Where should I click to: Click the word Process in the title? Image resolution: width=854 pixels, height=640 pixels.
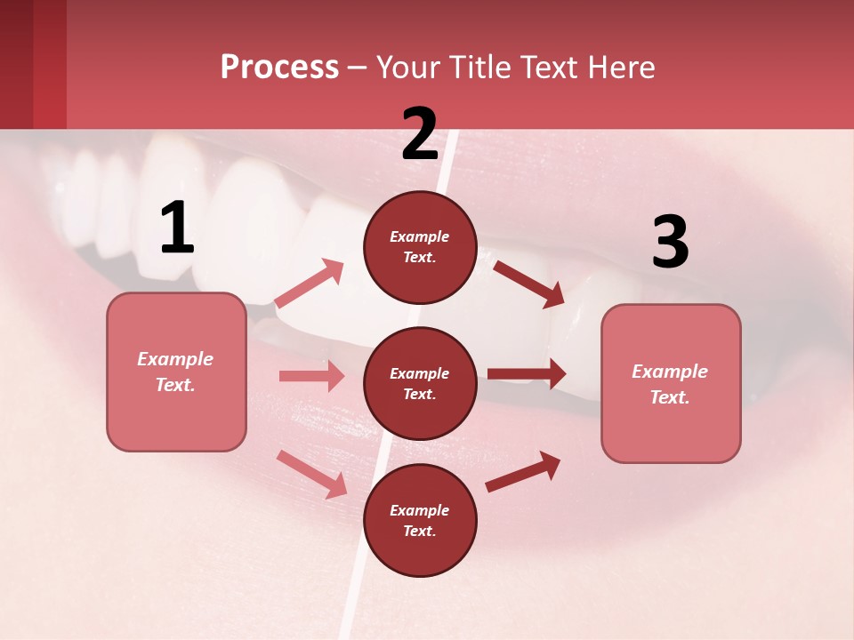coord(279,68)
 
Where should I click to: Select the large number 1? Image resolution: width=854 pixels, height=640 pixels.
coord(177,228)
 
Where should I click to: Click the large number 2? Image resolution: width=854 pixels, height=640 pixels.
coord(420,133)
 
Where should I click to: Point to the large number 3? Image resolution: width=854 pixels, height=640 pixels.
coord(670,243)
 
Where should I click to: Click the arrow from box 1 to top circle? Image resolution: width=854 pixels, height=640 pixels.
coord(310,283)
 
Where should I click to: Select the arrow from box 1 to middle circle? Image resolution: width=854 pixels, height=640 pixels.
coord(312,376)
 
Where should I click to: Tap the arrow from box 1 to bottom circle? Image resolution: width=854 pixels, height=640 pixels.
coord(312,473)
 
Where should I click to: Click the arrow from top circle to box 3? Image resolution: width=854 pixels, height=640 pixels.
coord(529,284)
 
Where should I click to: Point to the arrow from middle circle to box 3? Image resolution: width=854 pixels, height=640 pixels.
coord(527,373)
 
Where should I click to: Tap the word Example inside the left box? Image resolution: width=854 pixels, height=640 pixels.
coord(175,359)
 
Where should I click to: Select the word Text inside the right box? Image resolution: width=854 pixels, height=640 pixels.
coord(669,397)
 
